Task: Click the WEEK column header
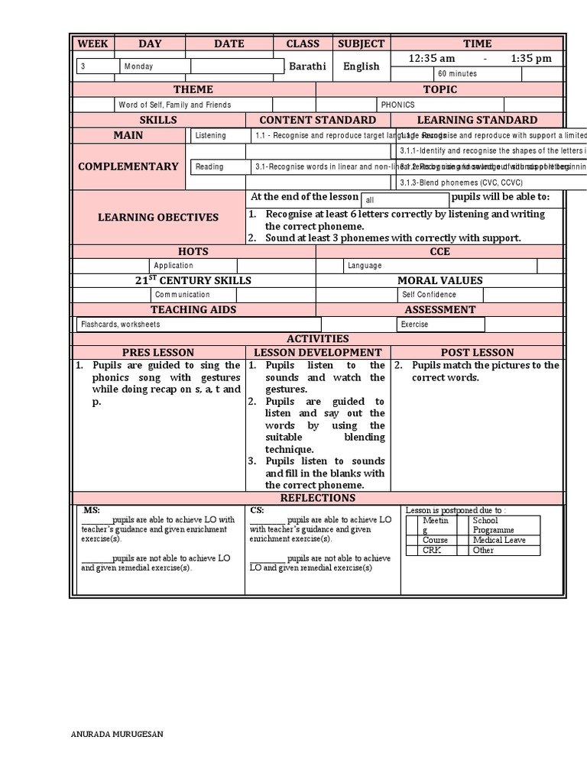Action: click(92, 44)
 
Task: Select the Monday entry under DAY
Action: click(138, 66)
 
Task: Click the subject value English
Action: click(361, 66)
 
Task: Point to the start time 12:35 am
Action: click(432, 59)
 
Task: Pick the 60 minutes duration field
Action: click(457, 74)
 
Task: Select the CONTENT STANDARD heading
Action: click(317, 120)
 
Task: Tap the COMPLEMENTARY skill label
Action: click(128, 166)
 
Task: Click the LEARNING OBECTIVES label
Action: click(157, 218)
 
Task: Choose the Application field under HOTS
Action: click(174, 266)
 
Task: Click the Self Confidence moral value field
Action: click(429, 295)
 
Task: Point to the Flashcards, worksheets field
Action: click(121, 325)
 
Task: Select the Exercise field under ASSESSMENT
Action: click(415, 325)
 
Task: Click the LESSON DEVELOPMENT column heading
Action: click(317, 353)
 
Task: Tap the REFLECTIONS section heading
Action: click(317, 498)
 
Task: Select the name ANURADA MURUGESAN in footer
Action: click(116, 735)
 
